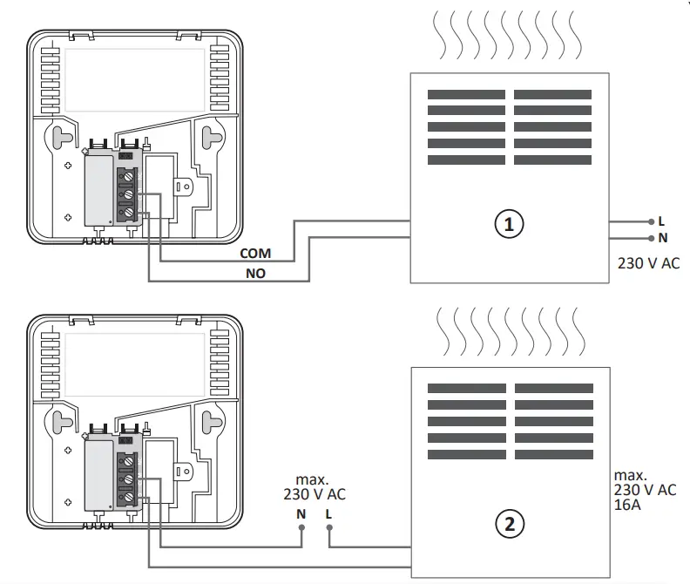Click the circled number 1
pyautogui.click(x=509, y=224)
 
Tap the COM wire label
pyautogui.click(x=254, y=254)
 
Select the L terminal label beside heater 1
pyautogui.click(x=661, y=221)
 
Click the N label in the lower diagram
pyautogui.click(x=301, y=513)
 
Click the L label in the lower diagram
pyautogui.click(x=328, y=513)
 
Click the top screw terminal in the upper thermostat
pyautogui.click(x=128, y=176)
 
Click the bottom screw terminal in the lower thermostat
pyautogui.click(x=128, y=498)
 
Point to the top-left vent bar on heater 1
pyautogui.click(x=465, y=94)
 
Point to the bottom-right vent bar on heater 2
pyautogui.click(x=552, y=455)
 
